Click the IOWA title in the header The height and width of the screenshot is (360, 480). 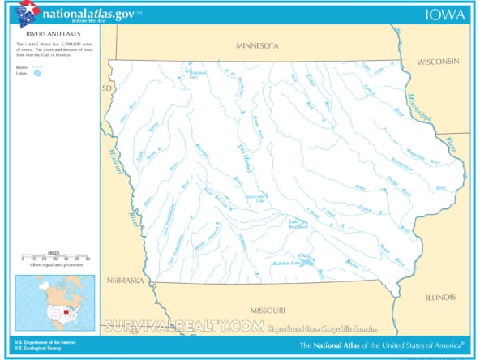pyautogui.click(x=446, y=14)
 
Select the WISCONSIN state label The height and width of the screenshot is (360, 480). pyautogui.click(x=438, y=62)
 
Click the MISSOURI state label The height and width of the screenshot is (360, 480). pyautogui.click(x=267, y=311)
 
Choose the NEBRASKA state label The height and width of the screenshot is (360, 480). pyautogui.click(x=125, y=281)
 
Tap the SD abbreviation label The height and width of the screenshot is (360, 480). pyautogui.click(x=105, y=88)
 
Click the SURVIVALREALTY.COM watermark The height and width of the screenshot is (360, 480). pyautogui.click(x=183, y=327)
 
